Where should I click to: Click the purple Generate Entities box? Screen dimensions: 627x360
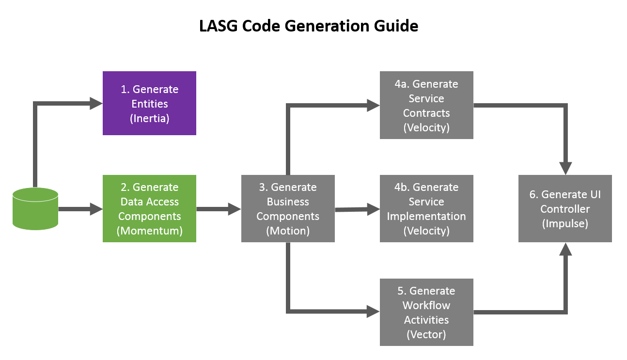tap(149, 103)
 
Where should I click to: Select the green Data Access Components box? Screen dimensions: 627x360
tap(149, 208)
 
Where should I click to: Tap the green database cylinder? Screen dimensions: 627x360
tap(35, 209)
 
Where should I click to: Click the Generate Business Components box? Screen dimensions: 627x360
tap(288, 208)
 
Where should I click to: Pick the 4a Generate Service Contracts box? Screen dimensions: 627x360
tap(426, 105)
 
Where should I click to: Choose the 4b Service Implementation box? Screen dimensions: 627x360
tap(426, 208)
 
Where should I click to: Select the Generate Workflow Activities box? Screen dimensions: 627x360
tap(426, 312)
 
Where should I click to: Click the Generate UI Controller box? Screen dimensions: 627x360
tap(565, 208)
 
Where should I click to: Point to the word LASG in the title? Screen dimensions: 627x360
tap(219, 26)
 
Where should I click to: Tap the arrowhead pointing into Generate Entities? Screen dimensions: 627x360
tap(96, 103)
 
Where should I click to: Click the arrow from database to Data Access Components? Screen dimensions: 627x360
tap(80, 209)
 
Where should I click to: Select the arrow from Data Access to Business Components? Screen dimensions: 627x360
tap(219, 209)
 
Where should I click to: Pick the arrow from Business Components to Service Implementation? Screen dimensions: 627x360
tap(357, 209)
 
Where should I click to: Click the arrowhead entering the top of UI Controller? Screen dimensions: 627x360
tap(565, 168)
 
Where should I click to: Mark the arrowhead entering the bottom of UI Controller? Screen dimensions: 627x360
tap(565, 249)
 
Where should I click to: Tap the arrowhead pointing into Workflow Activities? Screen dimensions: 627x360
tap(373, 312)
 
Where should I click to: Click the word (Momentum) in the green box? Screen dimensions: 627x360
tap(149, 231)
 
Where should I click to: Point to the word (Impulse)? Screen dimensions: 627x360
tap(565, 224)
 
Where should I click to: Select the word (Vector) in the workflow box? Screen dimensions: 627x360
tap(426, 334)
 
